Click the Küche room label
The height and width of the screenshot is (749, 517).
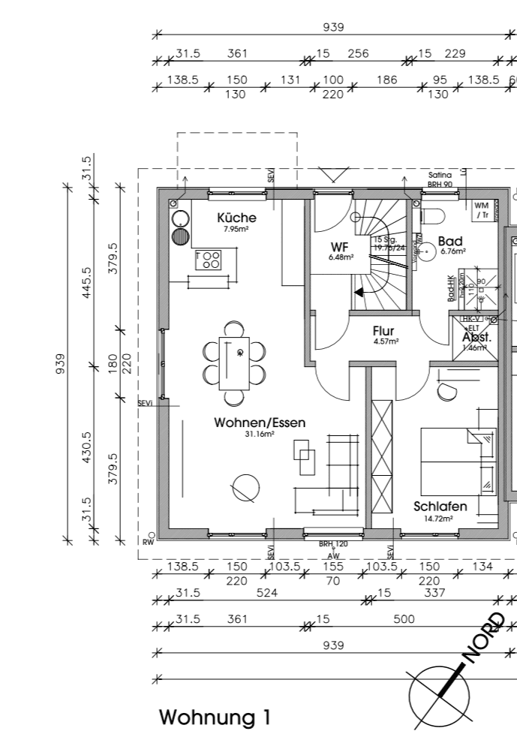[236, 218]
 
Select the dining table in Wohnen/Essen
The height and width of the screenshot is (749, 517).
[233, 362]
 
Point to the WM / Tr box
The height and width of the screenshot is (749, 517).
[481, 210]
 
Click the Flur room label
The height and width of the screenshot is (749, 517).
[383, 330]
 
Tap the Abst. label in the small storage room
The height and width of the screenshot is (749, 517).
[476, 337]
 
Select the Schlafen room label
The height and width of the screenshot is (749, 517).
[440, 507]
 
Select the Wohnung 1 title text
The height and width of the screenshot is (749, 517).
[215, 717]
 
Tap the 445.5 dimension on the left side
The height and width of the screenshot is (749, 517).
[87, 283]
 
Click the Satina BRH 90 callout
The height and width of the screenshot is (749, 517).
[439, 179]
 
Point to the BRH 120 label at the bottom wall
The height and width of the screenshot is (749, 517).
[332, 543]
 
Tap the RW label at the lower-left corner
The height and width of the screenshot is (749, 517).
[147, 542]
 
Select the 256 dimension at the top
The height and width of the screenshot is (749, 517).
[358, 53]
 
